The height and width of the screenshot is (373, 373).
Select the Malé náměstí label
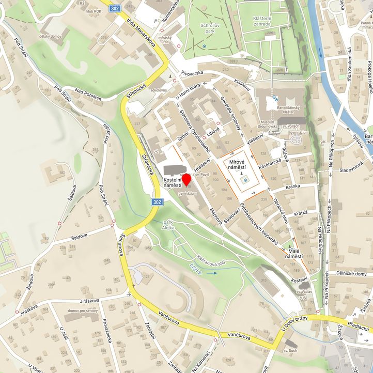(293, 253)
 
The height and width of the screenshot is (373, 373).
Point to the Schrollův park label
(203, 27)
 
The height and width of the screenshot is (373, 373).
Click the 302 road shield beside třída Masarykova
(115, 8)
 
